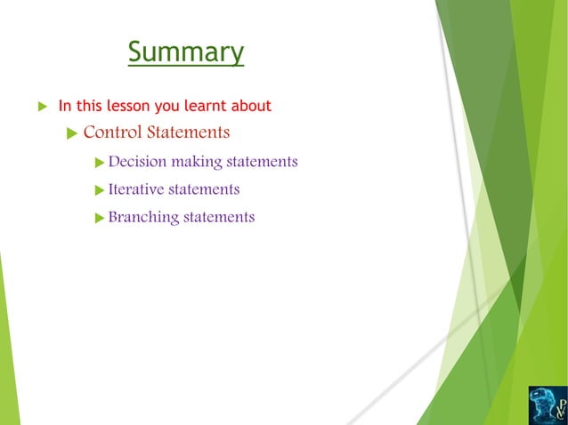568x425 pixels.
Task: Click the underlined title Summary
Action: pos(185,52)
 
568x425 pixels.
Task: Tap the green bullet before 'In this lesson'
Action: pos(40,107)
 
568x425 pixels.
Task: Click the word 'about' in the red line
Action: pos(252,107)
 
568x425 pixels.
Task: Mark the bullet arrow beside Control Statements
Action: pos(73,133)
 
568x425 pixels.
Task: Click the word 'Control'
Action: pos(112,132)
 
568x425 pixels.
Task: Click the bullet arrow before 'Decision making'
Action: pos(100,163)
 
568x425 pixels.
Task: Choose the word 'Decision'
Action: pos(137,162)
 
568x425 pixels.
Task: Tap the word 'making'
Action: pos(196,162)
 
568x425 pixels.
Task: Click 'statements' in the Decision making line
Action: pos(262,162)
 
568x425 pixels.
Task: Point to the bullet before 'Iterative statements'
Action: pos(100,190)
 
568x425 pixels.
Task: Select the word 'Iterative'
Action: pos(136,189)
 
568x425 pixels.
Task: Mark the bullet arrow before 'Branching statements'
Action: pos(100,218)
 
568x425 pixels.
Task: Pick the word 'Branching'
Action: pos(142,217)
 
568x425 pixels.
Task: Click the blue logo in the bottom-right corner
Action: pos(546,404)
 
